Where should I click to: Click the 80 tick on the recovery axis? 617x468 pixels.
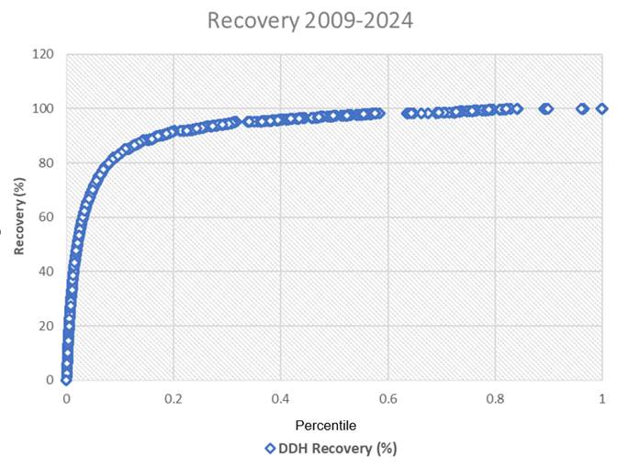[46, 163]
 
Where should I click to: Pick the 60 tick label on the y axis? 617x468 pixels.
[46, 217]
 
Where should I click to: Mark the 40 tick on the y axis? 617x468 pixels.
[46, 272]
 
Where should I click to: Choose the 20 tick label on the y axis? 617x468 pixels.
[46, 326]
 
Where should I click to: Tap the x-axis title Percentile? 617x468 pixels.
[325, 426]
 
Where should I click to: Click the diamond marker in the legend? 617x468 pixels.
[270, 449]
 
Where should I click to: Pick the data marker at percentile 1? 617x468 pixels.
[602, 108]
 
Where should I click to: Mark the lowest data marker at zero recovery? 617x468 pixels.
[66, 379]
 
